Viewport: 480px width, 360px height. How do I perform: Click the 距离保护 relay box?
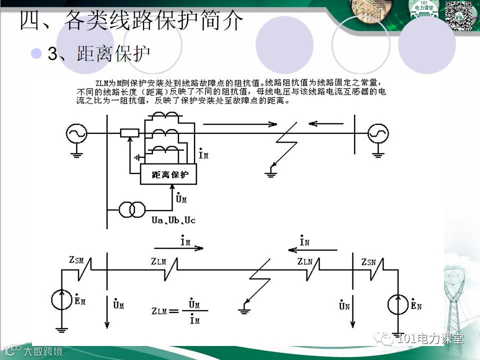169,175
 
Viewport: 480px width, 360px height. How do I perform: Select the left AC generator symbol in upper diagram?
76,133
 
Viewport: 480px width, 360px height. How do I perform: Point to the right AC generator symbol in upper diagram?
378,133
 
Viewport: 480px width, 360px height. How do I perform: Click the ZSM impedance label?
76,260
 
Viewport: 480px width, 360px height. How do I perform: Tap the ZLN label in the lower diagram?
304,261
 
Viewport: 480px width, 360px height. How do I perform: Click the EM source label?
79,300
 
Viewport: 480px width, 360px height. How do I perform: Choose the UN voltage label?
344,304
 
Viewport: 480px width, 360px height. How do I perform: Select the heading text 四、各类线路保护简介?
131,21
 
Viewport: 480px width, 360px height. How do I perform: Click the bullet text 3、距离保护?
98,54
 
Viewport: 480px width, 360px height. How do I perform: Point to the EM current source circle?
62,299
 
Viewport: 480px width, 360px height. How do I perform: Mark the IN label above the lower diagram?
304,241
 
